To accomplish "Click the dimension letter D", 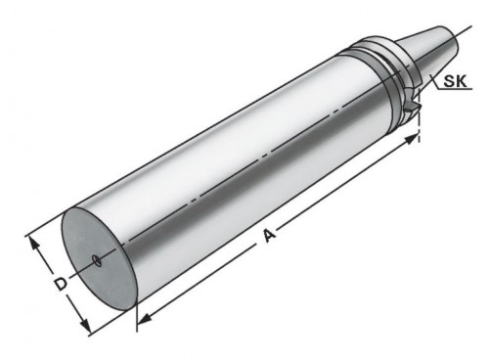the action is pos(61,284).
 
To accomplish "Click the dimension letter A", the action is pos(269,235).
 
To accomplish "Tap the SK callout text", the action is pos(456,80).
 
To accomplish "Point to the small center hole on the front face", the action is pos(97,260).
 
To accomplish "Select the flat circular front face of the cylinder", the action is pos(99,258).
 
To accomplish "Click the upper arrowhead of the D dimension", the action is pos(34,244).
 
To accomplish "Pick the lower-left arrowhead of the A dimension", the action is pos(144,320).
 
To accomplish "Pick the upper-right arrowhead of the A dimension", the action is pos(412,139).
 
